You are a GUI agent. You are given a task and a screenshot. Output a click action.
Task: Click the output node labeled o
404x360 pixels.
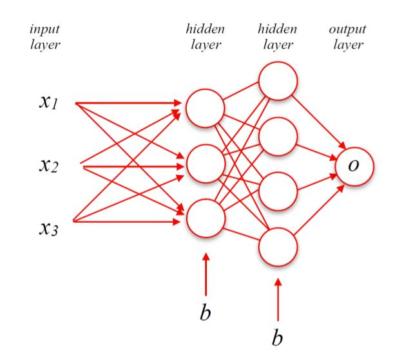354,166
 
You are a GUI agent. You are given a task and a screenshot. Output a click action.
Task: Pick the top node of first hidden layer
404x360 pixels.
205,107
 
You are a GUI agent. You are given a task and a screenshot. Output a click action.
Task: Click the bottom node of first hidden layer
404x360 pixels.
205,219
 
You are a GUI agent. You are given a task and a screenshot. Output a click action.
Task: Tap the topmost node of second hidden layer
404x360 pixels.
278,81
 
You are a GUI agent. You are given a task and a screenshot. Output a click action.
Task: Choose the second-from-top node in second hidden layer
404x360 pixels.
278,137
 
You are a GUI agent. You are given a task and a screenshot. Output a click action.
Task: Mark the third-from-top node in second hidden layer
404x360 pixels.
278,191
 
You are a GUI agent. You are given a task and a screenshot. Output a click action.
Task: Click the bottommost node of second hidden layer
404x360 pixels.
278,246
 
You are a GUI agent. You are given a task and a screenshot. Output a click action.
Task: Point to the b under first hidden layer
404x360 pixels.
205,312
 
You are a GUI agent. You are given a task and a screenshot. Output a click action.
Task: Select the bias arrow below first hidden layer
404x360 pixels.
206,274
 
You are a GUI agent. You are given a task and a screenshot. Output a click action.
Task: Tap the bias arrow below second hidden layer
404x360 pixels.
278,299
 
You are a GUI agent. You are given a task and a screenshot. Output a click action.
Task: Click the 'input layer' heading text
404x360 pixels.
44,37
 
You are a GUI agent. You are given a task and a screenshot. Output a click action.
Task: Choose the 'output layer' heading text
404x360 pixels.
348,37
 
